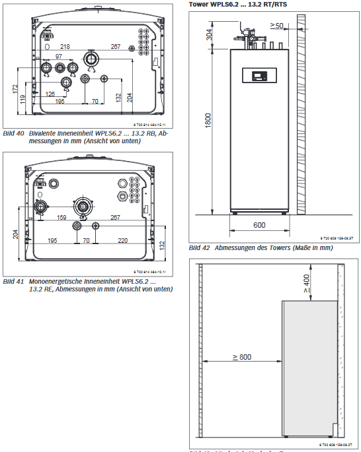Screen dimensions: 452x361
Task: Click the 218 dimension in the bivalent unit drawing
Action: pyautogui.click(x=65, y=47)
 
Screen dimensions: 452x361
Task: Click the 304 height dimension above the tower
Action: pyautogui.click(x=210, y=35)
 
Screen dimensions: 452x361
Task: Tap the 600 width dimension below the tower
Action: pyautogui.click(x=259, y=225)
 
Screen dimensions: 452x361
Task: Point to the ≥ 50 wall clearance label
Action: pyautogui.click(x=276, y=26)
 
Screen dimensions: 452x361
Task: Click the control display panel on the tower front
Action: pyautogui.click(x=254, y=75)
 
